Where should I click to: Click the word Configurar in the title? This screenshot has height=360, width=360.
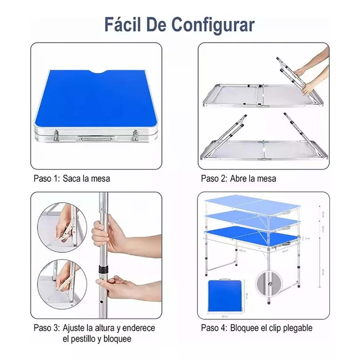213,25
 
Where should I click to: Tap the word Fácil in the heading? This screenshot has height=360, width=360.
120,25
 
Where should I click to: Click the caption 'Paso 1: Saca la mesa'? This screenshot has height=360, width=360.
72,178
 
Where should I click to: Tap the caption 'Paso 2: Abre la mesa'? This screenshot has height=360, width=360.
238,178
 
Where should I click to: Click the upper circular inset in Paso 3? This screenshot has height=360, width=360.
62,228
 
